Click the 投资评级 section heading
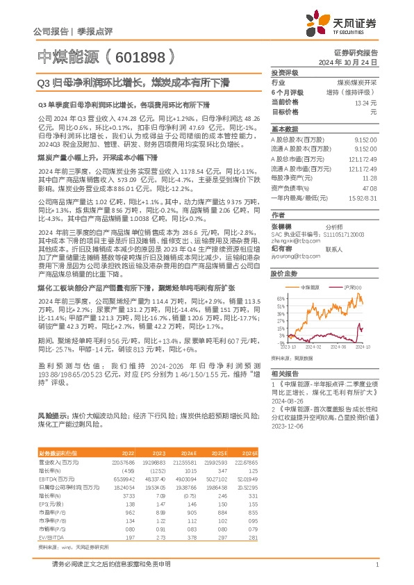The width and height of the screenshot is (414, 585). pos(284,72)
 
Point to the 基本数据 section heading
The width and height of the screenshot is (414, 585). pos(284,129)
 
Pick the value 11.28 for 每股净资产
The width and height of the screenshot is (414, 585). pos(370,178)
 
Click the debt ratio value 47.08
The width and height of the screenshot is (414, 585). pos(370,188)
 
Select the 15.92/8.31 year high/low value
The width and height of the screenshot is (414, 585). pos(364,197)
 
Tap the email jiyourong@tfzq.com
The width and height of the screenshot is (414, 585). pos(293,256)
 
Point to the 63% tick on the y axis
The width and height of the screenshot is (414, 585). pos(281,297)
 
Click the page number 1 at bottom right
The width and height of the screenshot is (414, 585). pos(376,565)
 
